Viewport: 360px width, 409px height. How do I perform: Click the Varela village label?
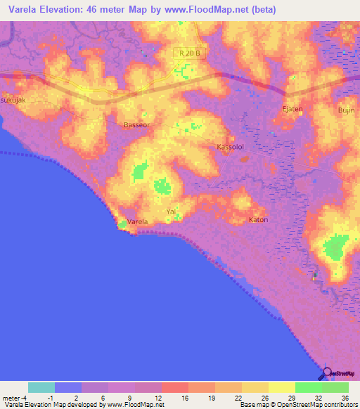pos(138,222)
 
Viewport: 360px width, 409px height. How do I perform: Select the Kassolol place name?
pos(229,147)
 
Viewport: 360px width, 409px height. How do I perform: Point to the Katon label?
pos(259,220)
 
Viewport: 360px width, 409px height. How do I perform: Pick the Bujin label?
pos(346,111)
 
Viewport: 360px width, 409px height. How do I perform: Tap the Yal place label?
pos(170,211)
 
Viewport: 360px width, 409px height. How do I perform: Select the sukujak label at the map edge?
pos(13,100)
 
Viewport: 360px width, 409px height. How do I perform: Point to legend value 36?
pos(345,397)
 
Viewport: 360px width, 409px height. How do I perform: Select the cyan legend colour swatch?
pos(41,387)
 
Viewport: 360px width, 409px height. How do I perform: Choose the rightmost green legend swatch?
pos(335,387)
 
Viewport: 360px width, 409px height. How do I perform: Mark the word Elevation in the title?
pos(64,10)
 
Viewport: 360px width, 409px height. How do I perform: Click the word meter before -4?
pos(12,397)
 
